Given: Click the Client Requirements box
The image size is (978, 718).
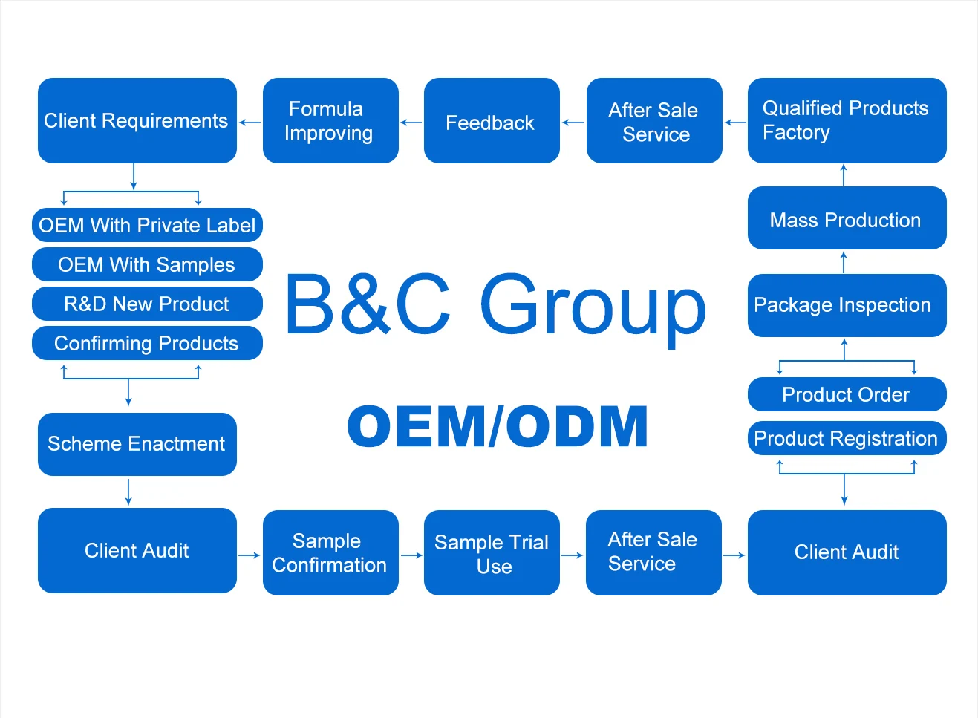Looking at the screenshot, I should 137,120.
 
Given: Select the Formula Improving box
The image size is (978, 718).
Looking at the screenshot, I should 330,120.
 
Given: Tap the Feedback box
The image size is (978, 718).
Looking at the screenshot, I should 491,121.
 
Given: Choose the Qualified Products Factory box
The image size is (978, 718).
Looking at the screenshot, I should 847,120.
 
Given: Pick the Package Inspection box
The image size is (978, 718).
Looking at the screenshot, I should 847,305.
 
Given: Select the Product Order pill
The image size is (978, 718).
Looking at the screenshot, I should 847,394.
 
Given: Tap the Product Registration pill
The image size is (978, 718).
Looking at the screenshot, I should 847,438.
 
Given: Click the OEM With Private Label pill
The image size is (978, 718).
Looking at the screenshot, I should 147,225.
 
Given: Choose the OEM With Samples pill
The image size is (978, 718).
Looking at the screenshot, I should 147,264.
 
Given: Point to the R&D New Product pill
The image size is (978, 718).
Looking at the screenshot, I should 147,304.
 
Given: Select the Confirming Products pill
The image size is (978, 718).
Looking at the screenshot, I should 147,343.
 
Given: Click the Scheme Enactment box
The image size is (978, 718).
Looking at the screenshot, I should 137,444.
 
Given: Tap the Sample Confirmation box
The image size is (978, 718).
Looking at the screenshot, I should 330,552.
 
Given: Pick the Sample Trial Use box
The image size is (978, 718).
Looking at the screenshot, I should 491,552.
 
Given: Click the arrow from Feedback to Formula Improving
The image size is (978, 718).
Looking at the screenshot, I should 411,123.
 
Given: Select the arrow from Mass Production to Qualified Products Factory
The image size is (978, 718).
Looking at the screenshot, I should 844,174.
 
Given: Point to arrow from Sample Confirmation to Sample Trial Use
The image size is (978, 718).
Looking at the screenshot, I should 411,555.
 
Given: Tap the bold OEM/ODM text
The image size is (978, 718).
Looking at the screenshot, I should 498,427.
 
